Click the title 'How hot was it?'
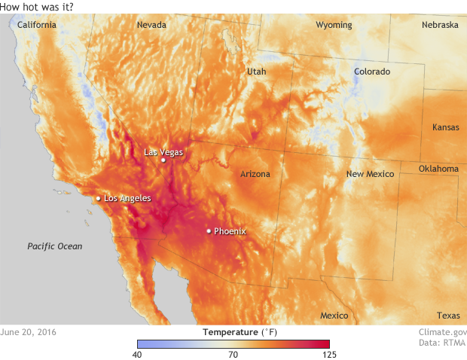pyautogui.click(x=37, y=7)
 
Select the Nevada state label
pyautogui.click(x=151, y=25)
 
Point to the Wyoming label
pyautogui.click(x=334, y=25)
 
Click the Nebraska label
pyautogui.click(x=440, y=25)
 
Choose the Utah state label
pyautogui.click(x=256, y=72)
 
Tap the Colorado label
pyautogui.click(x=372, y=72)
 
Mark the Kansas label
pyautogui.click(x=445, y=127)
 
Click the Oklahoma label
pyautogui.click(x=438, y=169)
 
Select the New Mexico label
pyautogui.click(x=370, y=174)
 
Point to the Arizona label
pyautogui.click(x=255, y=174)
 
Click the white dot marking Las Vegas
pyautogui.click(x=163, y=160)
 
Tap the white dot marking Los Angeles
pyautogui.click(x=98, y=198)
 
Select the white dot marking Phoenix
pyautogui.click(x=209, y=231)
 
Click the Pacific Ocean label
pyautogui.click(x=55, y=246)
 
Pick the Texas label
pyautogui.click(x=447, y=316)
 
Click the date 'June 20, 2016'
pyautogui.click(x=28, y=331)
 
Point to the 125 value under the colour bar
pyautogui.click(x=328, y=354)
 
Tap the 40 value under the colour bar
pyautogui.click(x=138, y=354)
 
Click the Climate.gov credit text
pyautogui.click(x=443, y=331)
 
